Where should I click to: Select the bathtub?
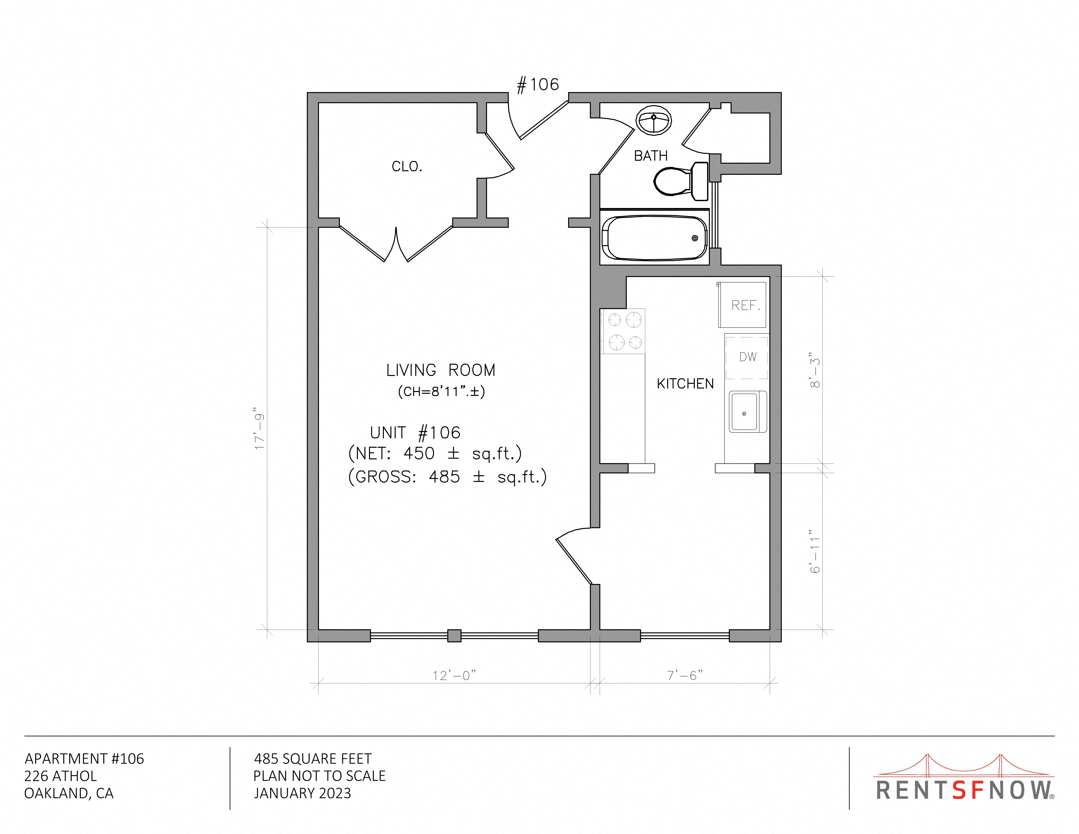655,238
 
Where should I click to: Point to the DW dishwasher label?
747,357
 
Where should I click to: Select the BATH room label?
651,156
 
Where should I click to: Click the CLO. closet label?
407,166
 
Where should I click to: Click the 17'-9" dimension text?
260,428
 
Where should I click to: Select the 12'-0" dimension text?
454,675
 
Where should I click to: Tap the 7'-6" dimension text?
685,675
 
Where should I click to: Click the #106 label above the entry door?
538,85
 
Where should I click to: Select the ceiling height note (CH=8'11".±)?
441,392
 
